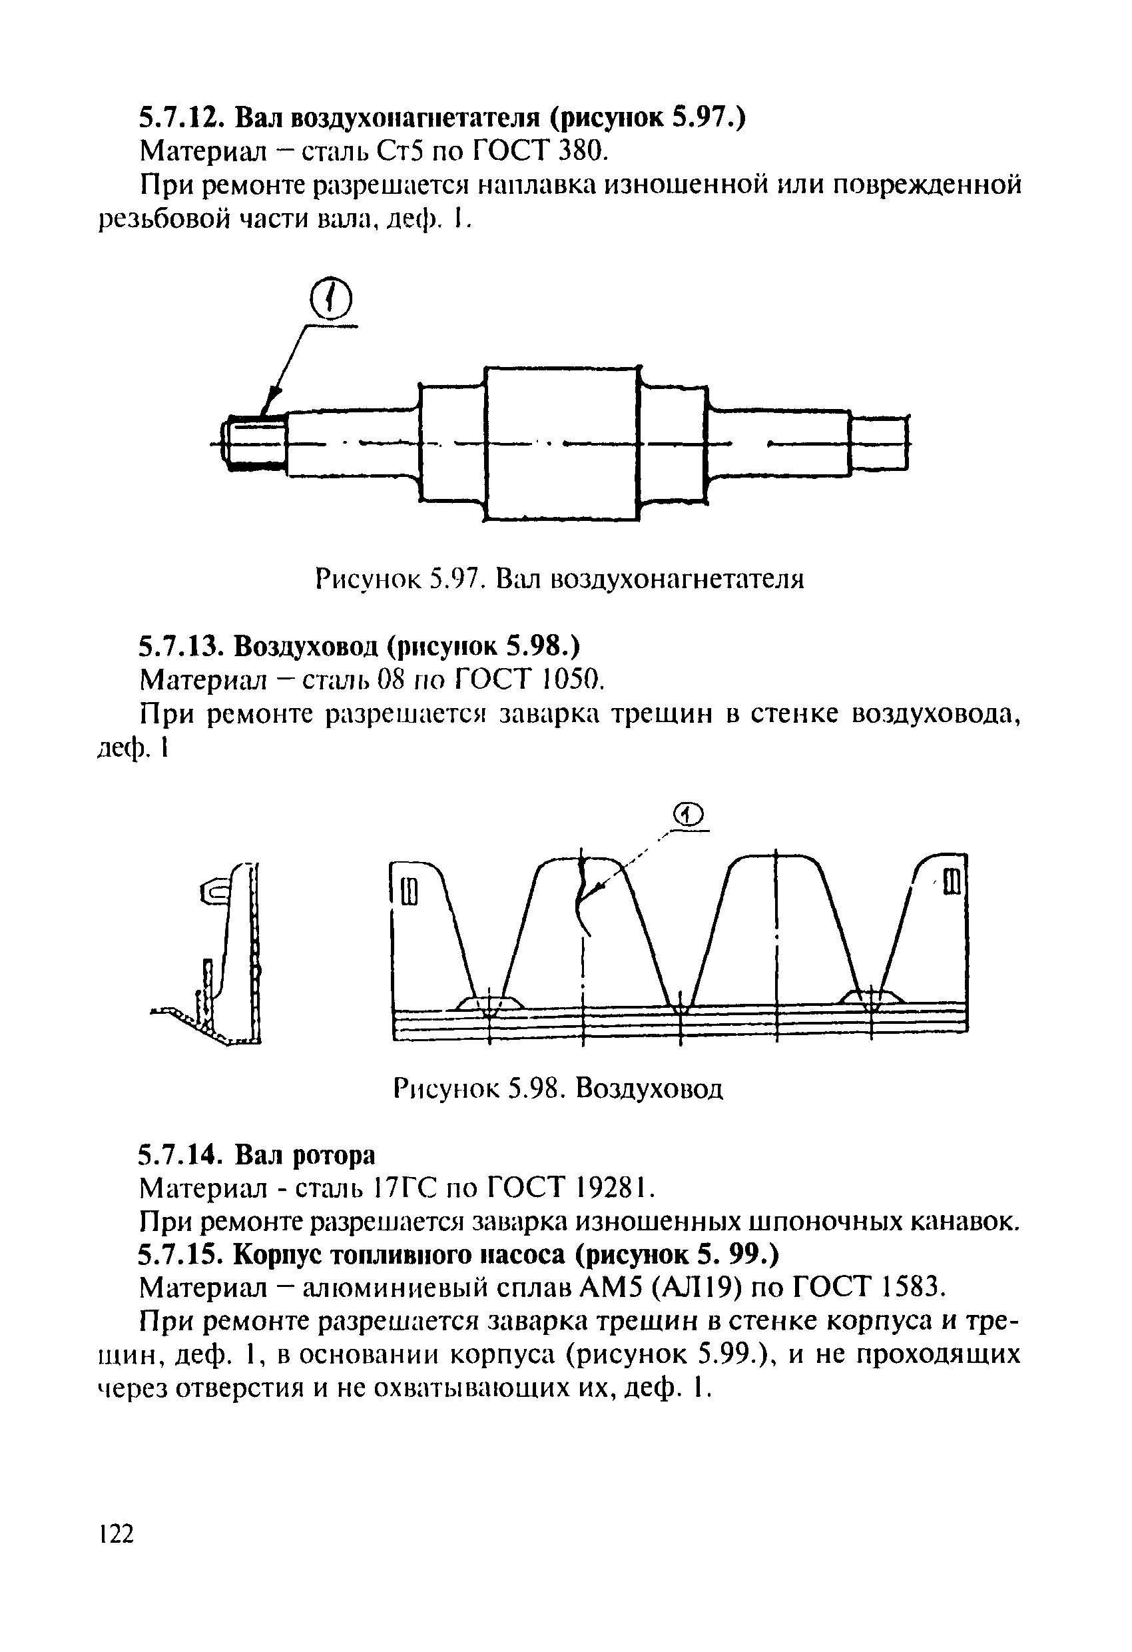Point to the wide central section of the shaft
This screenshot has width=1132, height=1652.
click(x=561, y=444)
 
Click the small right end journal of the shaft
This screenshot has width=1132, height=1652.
click(x=880, y=444)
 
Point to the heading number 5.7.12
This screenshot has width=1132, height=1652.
click(x=181, y=117)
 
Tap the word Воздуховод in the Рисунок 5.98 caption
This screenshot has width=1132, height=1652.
click(x=649, y=1088)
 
